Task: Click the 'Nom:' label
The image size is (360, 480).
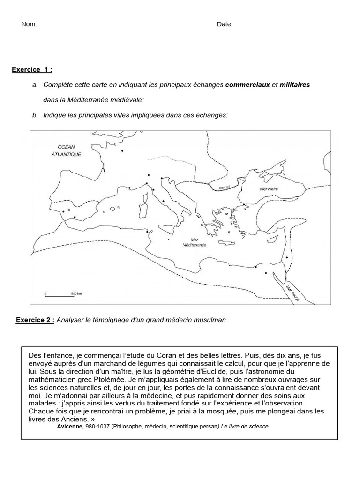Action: click(x=29, y=24)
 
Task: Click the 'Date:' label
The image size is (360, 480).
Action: click(x=225, y=24)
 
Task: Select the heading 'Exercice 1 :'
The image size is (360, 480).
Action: click(x=32, y=70)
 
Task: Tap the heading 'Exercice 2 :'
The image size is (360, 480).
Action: click(x=35, y=320)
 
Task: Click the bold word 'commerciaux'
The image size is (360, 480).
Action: click(x=247, y=85)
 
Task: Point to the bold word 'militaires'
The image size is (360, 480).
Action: click(x=295, y=85)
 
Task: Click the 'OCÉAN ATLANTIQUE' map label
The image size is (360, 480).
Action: click(x=67, y=150)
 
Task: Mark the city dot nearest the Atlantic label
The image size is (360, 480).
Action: click(x=122, y=151)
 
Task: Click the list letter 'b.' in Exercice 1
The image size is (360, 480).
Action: click(x=35, y=115)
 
